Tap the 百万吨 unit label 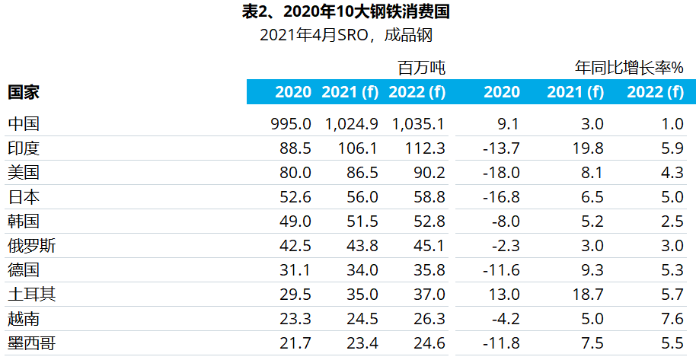coord(422,68)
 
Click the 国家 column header coord(24,92)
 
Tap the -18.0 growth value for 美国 coord(501,173)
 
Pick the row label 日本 coord(24,197)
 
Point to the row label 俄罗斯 coord(31,246)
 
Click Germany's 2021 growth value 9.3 coord(592,270)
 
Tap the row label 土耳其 coord(31,295)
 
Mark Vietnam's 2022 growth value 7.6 coord(672,319)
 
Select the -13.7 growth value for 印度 coord(501,148)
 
